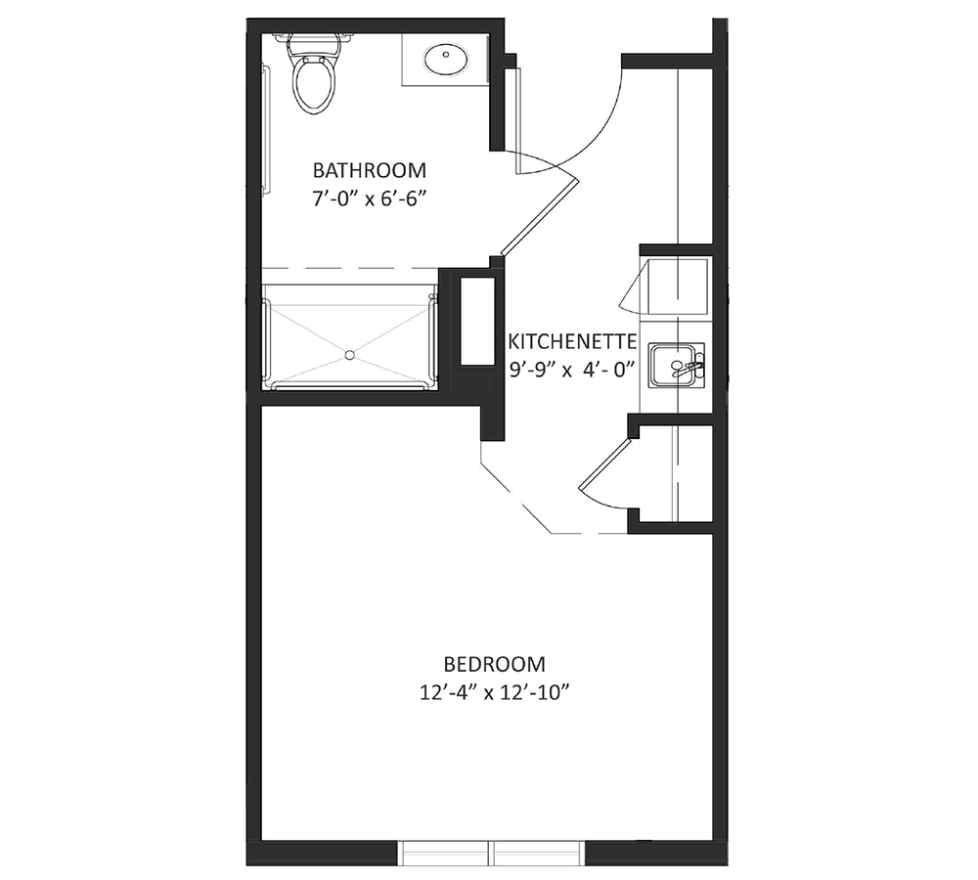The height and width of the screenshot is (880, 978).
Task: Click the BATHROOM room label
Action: [x=370, y=170]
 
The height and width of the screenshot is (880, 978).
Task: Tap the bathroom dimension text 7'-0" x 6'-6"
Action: [x=370, y=198]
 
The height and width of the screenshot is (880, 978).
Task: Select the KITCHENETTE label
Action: [x=572, y=342]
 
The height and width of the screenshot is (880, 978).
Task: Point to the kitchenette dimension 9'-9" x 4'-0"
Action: [x=572, y=370]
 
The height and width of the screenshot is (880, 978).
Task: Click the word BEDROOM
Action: [x=495, y=664]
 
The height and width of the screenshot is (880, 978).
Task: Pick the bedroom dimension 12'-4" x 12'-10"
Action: [x=495, y=693]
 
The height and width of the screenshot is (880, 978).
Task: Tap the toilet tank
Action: [x=315, y=42]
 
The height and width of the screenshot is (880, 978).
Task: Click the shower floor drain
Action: [x=350, y=355]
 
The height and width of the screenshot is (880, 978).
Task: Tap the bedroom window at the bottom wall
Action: [x=492, y=853]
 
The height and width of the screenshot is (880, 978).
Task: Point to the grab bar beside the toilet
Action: [x=268, y=130]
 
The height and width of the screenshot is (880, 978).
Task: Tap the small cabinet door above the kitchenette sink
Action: [x=634, y=285]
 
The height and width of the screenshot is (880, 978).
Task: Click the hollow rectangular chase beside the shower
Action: [x=478, y=321]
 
